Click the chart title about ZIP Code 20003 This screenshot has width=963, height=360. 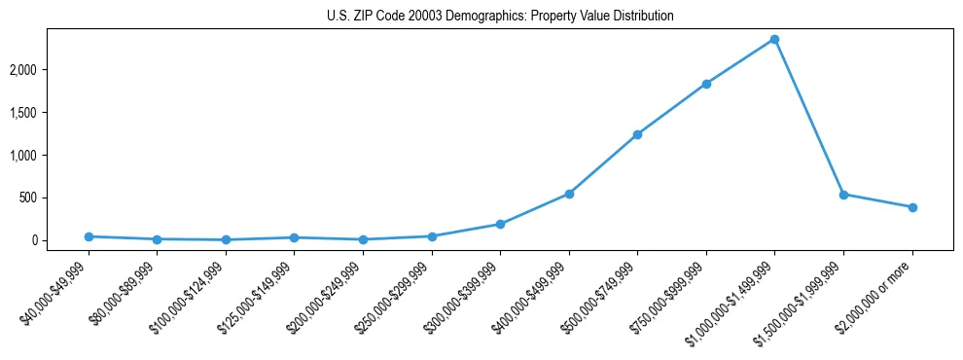point(500,17)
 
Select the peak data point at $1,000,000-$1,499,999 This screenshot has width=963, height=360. point(774,39)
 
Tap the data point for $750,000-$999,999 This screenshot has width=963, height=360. point(706,84)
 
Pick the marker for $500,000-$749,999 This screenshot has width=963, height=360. point(637,134)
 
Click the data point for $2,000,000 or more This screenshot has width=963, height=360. point(912,207)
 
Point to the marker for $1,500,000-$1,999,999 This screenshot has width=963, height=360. point(843,195)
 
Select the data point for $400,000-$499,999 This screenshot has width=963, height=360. point(569,194)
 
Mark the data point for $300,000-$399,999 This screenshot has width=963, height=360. point(500,224)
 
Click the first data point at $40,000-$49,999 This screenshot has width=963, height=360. point(89,236)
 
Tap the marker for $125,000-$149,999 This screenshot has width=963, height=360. point(295,237)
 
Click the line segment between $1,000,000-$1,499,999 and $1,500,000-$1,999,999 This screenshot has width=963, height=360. point(808,117)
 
